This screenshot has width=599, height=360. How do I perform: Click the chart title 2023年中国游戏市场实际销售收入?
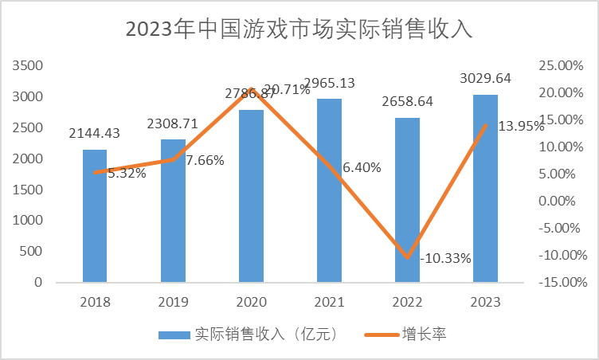[x=299, y=29]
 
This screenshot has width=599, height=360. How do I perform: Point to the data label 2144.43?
[x=95, y=132]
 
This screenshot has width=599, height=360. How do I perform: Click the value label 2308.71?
[x=173, y=123]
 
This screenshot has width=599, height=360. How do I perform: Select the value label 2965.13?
[x=329, y=82]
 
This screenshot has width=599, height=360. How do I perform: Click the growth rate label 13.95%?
[x=521, y=126]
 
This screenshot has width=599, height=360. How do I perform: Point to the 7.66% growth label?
[x=205, y=160]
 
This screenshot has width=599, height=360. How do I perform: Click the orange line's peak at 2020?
[x=251, y=89]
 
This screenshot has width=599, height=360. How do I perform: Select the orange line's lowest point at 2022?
[x=407, y=257]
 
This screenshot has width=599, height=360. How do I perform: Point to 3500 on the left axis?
[x=28, y=65]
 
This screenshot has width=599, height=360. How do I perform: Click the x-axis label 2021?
[x=329, y=302]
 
